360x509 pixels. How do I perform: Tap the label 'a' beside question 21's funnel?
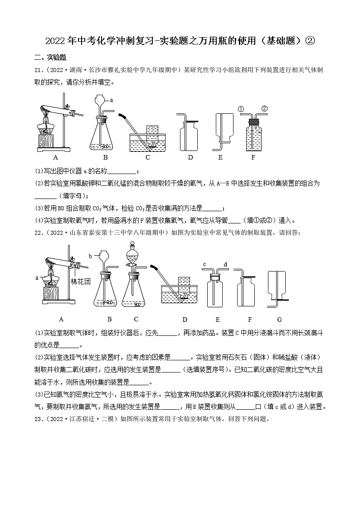tap(112, 99)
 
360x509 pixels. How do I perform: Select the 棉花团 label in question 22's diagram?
tap(81, 281)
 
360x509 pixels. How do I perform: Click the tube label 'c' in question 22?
tap(204, 264)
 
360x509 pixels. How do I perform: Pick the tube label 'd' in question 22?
tap(225, 264)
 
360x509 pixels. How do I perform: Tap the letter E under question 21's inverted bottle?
tap(220, 157)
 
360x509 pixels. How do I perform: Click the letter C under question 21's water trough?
tap(147, 157)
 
